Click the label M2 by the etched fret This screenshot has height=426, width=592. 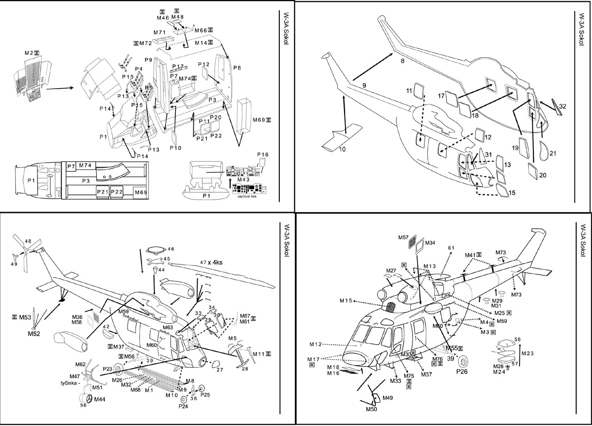(29, 53)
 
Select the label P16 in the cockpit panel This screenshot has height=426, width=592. (262, 154)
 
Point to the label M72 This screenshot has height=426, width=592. (146, 43)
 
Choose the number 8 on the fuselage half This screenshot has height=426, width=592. (402, 61)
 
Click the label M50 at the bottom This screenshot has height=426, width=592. (371, 409)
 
